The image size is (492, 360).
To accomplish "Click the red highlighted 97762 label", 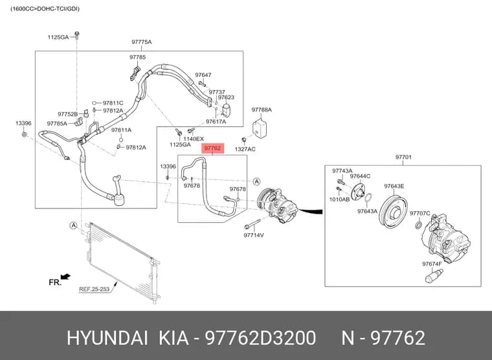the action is click(213, 148).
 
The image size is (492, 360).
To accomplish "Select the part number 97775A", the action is click(141, 41).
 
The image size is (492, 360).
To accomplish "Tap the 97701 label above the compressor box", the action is click(403, 157).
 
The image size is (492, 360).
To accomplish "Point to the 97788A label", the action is click(262, 109).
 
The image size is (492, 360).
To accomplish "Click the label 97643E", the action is click(394, 186).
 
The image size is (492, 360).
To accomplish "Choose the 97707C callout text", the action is click(420, 213).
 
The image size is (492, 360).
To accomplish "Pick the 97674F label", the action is click(432, 264).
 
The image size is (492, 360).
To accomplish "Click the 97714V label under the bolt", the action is click(254, 235).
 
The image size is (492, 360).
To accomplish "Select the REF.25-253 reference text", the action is click(94, 289).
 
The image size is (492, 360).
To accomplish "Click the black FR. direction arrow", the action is click(65, 276).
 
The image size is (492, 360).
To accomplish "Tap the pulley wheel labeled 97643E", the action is click(393, 210).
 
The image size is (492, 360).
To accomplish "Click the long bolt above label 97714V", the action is click(252, 225).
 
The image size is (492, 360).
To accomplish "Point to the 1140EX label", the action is click(194, 139).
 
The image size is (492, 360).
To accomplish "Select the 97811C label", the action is click(113, 103).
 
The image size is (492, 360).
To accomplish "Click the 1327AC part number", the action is click(245, 149).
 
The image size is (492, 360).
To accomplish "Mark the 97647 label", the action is click(203, 74).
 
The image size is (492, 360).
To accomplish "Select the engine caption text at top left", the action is click(45, 9).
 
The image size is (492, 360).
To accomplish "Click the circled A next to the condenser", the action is click(73, 225).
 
